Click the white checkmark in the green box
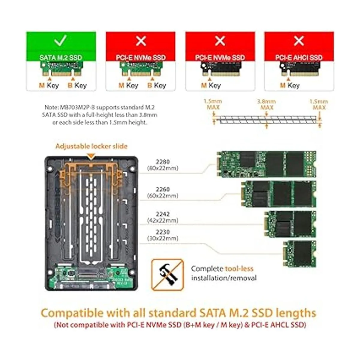(61, 40)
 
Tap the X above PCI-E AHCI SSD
(299, 40)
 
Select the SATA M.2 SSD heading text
(61, 58)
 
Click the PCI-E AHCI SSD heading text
(299, 58)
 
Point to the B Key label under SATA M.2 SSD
(77, 85)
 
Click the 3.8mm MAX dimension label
(267, 105)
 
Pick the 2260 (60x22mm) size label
(163, 193)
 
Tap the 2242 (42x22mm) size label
(163, 217)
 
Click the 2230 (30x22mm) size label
(163, 235)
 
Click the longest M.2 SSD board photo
(266, 164)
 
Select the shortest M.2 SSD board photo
(299, 253)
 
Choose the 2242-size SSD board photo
(290, 224)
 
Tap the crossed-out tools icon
(167, 274)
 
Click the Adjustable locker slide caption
(91, 146)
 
